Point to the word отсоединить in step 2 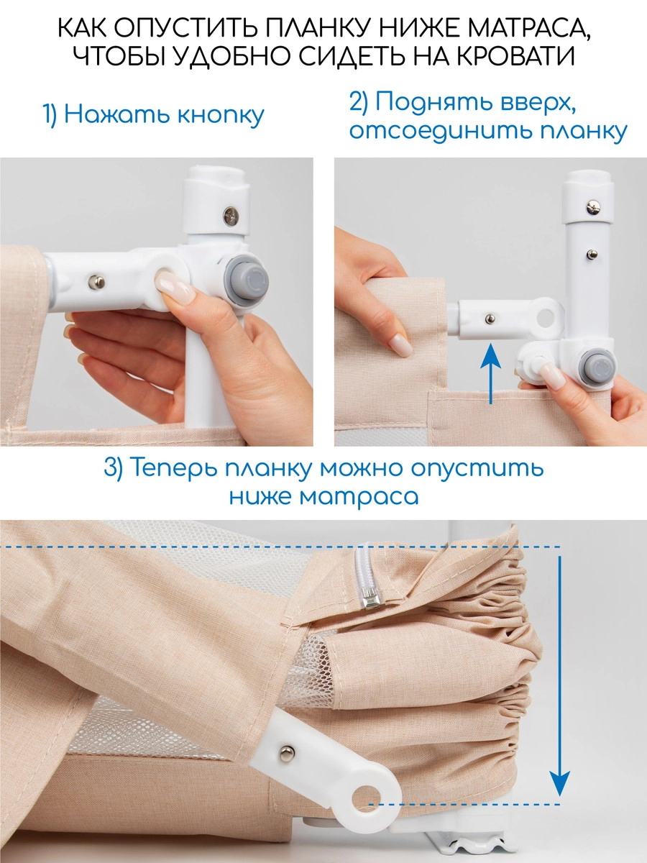[428, 132]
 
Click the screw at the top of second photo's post [592, 209]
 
